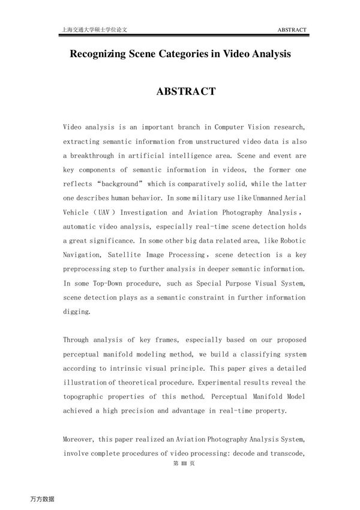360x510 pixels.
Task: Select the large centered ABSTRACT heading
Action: pos(186,92)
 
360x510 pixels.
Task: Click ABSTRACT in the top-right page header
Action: pos(292,29)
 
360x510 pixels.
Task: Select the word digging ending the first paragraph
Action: pos(76,312)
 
